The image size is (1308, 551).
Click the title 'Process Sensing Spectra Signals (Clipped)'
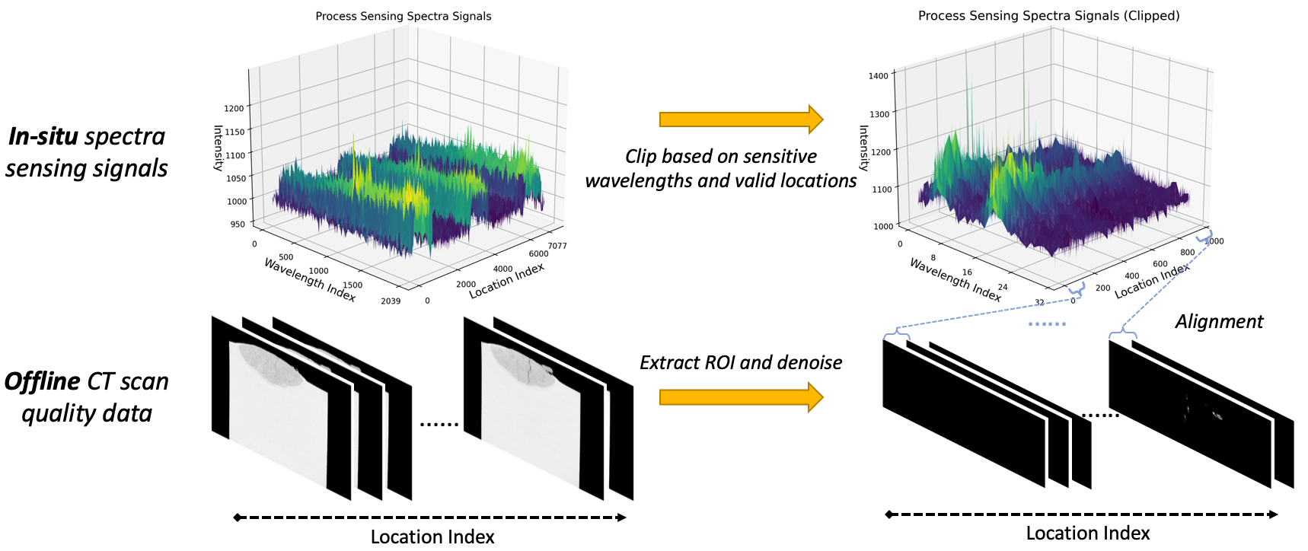(x=1048, y=15)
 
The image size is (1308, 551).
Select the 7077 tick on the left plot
(x=557, y=246)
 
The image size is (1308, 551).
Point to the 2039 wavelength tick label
(x=391, y=301)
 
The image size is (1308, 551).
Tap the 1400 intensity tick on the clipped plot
(x=878, y=76)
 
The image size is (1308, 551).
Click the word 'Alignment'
(x=1219, y=321)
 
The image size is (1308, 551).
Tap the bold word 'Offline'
(x=43, y=381)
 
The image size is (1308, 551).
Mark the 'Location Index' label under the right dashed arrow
(x=1087, y=533)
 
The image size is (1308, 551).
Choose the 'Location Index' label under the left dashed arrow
(x=432, y=537)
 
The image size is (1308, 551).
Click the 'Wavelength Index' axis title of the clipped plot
(x=955, y=279)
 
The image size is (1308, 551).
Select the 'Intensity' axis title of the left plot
(x=219, y=148)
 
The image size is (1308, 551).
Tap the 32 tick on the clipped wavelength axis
(x=1039, y=303)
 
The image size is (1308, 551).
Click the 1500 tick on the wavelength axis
(x=353, y=285)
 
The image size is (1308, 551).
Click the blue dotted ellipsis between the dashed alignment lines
(x=1047, y=324)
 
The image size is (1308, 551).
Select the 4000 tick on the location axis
(x=502, y=269)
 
